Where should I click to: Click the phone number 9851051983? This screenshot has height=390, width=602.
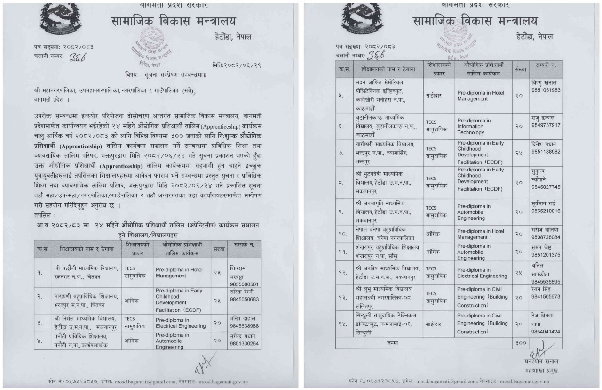546,90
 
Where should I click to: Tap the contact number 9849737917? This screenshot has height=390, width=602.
546,125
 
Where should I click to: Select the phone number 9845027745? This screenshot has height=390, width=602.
546,187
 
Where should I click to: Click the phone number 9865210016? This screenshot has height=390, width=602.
546,211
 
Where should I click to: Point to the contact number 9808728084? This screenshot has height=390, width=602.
546,237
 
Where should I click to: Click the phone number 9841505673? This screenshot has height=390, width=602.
546,296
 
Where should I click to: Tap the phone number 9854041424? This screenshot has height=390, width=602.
546,332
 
